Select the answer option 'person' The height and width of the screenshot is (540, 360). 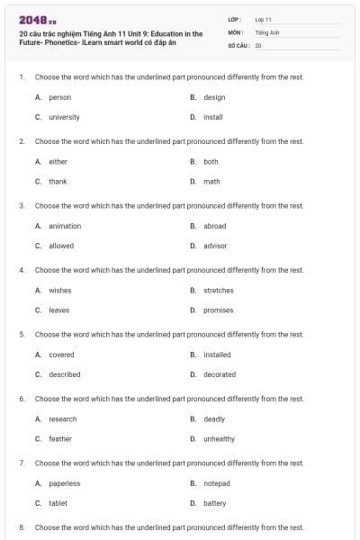(x=59, y=97)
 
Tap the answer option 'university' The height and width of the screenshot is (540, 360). (x=64, y=117)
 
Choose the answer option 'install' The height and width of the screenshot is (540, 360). (x=213, y=117)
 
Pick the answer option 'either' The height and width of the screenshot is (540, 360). (x=58, y=162)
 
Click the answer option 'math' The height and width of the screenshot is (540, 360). (x=211, y=181)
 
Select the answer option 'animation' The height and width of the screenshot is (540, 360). (x=64, y=226)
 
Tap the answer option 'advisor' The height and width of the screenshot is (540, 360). (x=215, y=246)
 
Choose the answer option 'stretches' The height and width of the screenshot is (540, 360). (x=219, y=291)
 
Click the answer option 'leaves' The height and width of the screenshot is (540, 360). (x=58, y=310)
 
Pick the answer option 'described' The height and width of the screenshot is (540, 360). (x=64, y=374)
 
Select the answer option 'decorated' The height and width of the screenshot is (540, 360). (x=220, y=374)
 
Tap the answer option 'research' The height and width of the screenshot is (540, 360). (x=62, y=418)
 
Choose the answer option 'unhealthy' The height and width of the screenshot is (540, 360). (x=219, y=438)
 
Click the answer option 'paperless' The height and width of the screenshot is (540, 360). (x=64, y=483)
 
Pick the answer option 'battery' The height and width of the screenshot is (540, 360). (x=214, y=503)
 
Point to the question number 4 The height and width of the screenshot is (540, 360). (x=22, y=270)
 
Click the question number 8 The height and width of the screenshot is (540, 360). (x=22, y=527)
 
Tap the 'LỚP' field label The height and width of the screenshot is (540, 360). (x=234, y=19)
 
